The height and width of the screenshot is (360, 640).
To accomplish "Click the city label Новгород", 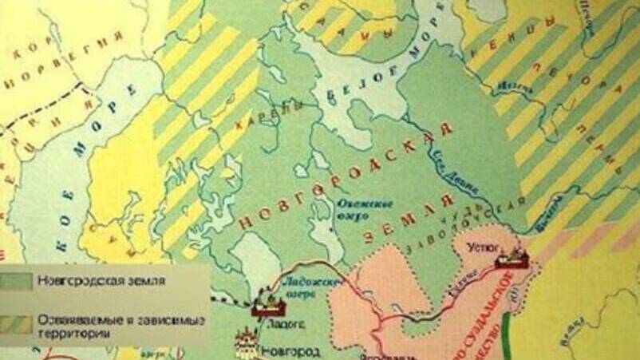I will click(296, 350).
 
